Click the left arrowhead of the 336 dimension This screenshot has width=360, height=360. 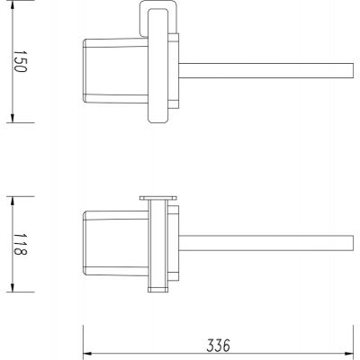[x=86, y=352]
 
